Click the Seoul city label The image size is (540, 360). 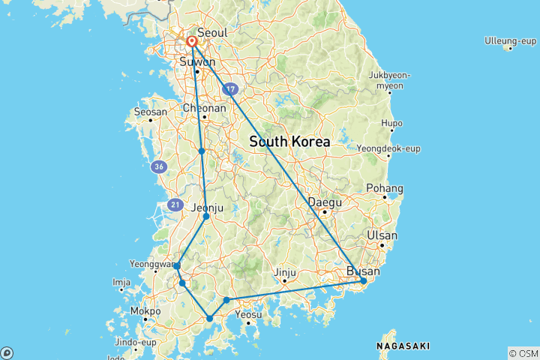pos(212,34)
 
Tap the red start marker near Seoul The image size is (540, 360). pos(192,42)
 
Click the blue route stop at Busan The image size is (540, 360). pos(364,281)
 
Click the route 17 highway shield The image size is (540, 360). pos(229,89)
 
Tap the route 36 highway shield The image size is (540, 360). pos(157,166)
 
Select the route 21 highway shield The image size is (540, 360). pos(175,204)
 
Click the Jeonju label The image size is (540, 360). pos(208,208)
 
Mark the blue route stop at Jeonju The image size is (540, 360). pos(206,217)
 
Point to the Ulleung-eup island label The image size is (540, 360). pos(509,40)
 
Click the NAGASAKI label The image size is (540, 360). pos(405,346)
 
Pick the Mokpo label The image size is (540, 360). pos(145,310)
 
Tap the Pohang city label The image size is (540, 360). pos(385,188)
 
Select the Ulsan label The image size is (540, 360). pos(382,235)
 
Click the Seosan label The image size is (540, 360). pos(149,112)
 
